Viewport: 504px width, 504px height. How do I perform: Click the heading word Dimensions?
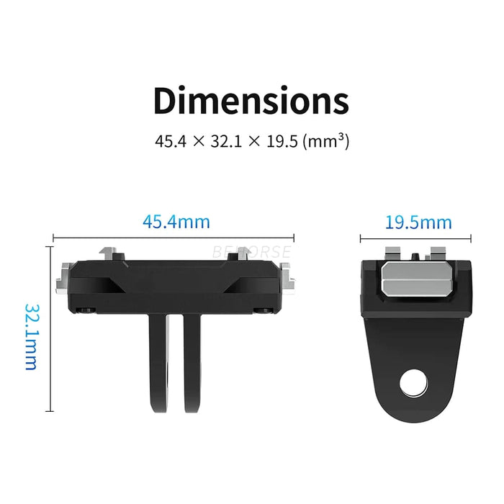[251, 101]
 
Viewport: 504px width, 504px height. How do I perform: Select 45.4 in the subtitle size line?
[170, 141]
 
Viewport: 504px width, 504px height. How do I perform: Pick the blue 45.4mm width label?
[176, 221]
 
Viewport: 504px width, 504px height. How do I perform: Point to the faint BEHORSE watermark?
[251, 253]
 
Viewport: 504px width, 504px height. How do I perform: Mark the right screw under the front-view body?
[265, 310]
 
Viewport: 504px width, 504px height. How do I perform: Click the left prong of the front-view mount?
[159, 367]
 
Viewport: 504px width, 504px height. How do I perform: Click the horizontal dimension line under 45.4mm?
[174, 236]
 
